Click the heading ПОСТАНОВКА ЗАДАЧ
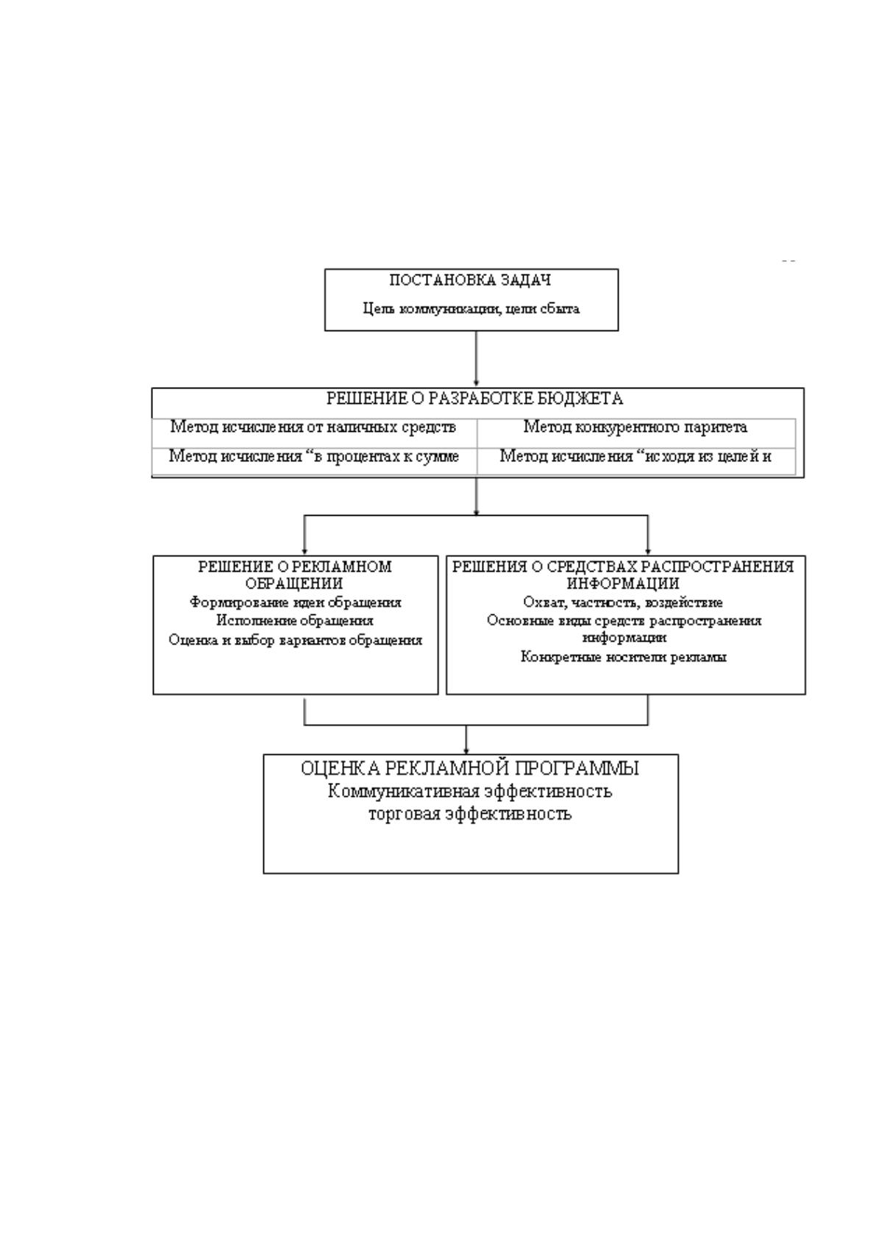tap(470, 280)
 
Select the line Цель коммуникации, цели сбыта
tap(471, 308)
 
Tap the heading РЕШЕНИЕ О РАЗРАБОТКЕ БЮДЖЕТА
tap(474, 399)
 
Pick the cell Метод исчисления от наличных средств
tap(313, 427)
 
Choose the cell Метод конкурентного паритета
tap(635, 427)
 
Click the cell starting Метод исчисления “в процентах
tap(313, 456)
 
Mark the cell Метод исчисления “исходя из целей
tap(635, 456)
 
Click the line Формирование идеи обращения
tap(296, 603)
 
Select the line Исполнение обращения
tap(295, 621)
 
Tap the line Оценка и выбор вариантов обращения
tap(296, 641)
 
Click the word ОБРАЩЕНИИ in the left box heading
tap(294, 583)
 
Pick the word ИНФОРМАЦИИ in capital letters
tap(623, 583)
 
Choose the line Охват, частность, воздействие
tap(623, 603)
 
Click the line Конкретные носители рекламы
tap(623, 657)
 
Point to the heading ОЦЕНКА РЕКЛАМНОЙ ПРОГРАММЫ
tap(470, 769)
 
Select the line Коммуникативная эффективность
tap(470, 792)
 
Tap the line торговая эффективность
tap(470, 814)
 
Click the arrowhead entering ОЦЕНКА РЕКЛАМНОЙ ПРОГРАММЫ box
tap(466, 750)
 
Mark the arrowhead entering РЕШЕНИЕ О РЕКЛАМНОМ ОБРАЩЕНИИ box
tap(305, 552)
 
